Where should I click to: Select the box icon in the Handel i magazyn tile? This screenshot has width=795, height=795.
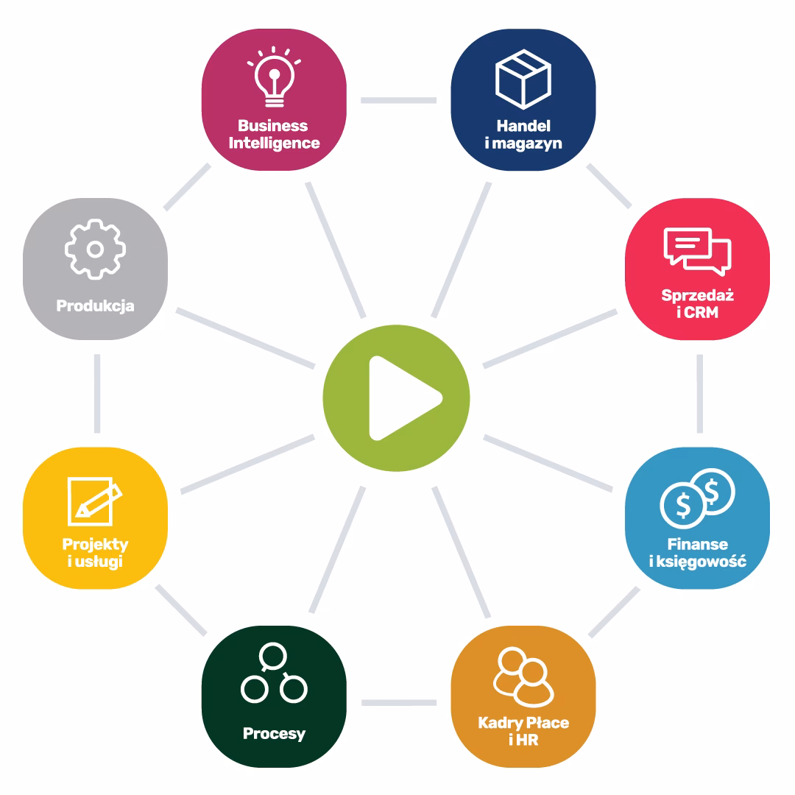point(523,78)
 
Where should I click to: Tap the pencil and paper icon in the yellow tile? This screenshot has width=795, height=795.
point(94,501)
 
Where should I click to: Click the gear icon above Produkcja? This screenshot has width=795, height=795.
point(95,249)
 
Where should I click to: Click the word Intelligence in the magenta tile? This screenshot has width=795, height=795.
point(274,142)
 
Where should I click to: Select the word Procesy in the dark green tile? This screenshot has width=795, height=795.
point(274,733)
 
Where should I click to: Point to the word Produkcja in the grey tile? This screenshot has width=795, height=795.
point(95,305)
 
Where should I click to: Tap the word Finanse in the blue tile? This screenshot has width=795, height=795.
point(697,545)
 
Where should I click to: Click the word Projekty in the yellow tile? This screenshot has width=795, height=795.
point(95,545)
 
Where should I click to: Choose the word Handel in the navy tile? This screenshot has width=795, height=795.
point(523,126)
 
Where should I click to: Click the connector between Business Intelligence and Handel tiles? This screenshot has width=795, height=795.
point(398,99)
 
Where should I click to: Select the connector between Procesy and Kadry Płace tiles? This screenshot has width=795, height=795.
point(398,703)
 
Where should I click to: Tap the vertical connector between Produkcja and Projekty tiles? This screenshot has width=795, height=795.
point(97,393)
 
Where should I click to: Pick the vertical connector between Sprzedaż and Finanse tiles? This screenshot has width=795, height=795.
point(699,393)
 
